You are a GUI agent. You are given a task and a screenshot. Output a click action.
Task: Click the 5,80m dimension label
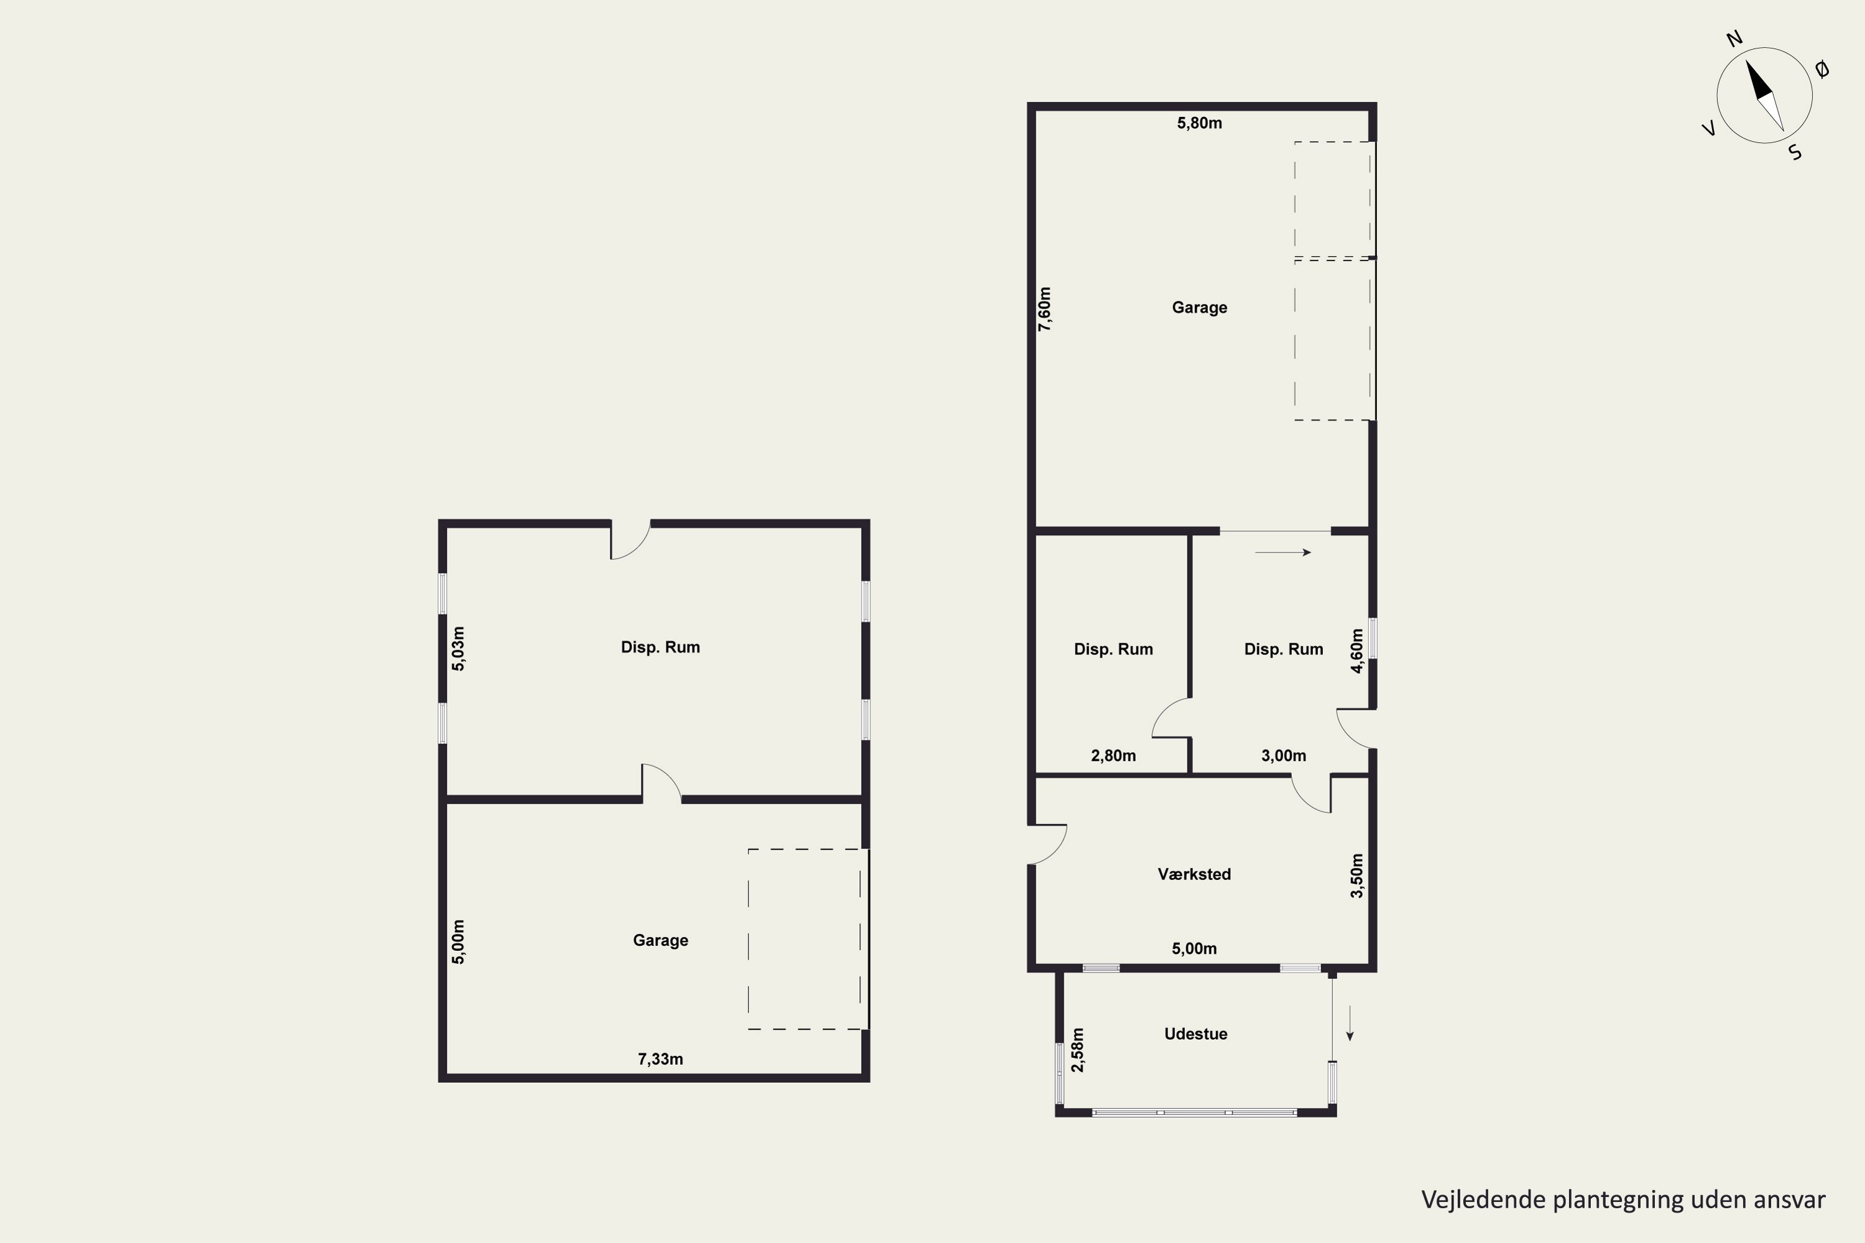pos(1199,123)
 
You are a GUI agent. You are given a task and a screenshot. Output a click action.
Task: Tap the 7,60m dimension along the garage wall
pos(1045,309)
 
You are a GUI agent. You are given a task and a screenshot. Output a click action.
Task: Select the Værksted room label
pos(1194,874)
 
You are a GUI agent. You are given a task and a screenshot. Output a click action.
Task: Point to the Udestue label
pos(1195,1034)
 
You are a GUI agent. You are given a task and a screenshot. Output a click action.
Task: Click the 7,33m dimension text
pos(660,1059)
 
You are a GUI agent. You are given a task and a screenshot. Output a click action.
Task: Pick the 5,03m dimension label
pos(458,648)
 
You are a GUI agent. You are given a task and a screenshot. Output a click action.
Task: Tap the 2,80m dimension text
pos(1113,756)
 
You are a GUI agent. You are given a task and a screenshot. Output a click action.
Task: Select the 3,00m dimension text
pos(1284,756)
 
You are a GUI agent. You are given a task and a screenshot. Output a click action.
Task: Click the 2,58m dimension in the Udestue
pos(1077,1050)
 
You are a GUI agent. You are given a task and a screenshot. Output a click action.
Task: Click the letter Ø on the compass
pos(1822,70)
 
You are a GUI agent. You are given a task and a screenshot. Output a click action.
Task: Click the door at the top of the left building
pos(630,541)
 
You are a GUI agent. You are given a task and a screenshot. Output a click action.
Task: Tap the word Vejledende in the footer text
pos(1483,1199)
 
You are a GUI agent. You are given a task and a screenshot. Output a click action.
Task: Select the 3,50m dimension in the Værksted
pos(1356,876)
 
